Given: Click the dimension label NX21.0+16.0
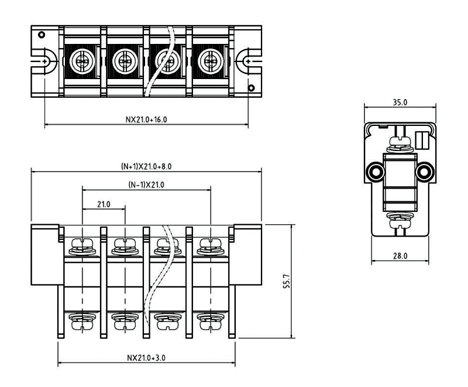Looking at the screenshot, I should tap(146, 118).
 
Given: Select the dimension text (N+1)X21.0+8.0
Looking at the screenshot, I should tap(146, 166).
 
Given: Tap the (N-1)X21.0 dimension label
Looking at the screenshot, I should tap(146, 185).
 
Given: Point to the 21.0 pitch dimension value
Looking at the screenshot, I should tap(104, 204).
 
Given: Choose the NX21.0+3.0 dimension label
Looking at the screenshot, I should tap(146, 357).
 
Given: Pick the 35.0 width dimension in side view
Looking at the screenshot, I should tap(400, 102).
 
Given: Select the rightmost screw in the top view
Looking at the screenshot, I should tap(210, 60).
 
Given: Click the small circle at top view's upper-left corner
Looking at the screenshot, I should tap(41, 34).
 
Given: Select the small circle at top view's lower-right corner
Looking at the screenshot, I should tap(251, 88).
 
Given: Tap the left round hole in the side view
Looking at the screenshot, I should tap(374, 171).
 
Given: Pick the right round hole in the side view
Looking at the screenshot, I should tap(425, 171).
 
